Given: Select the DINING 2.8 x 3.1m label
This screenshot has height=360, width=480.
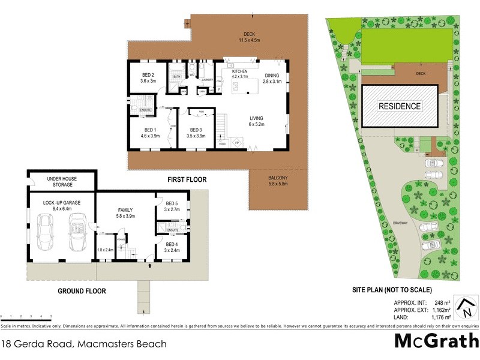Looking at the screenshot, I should click(272, 78).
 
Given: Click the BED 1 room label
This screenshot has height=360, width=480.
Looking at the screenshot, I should click(150, 133).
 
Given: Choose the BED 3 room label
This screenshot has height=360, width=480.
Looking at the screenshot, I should click(196, 133).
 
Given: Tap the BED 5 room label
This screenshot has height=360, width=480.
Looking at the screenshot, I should click(172, 207).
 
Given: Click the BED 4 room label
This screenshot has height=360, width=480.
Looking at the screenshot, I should click(172, 247).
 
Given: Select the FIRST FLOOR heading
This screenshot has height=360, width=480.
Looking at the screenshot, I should click(187, 179).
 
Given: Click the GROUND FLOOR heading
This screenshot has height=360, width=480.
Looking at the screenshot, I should click(82, 291).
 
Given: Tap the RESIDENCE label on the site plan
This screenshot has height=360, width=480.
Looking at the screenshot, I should click(399, 106).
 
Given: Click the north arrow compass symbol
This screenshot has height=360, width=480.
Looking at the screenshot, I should click(464, 308).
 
